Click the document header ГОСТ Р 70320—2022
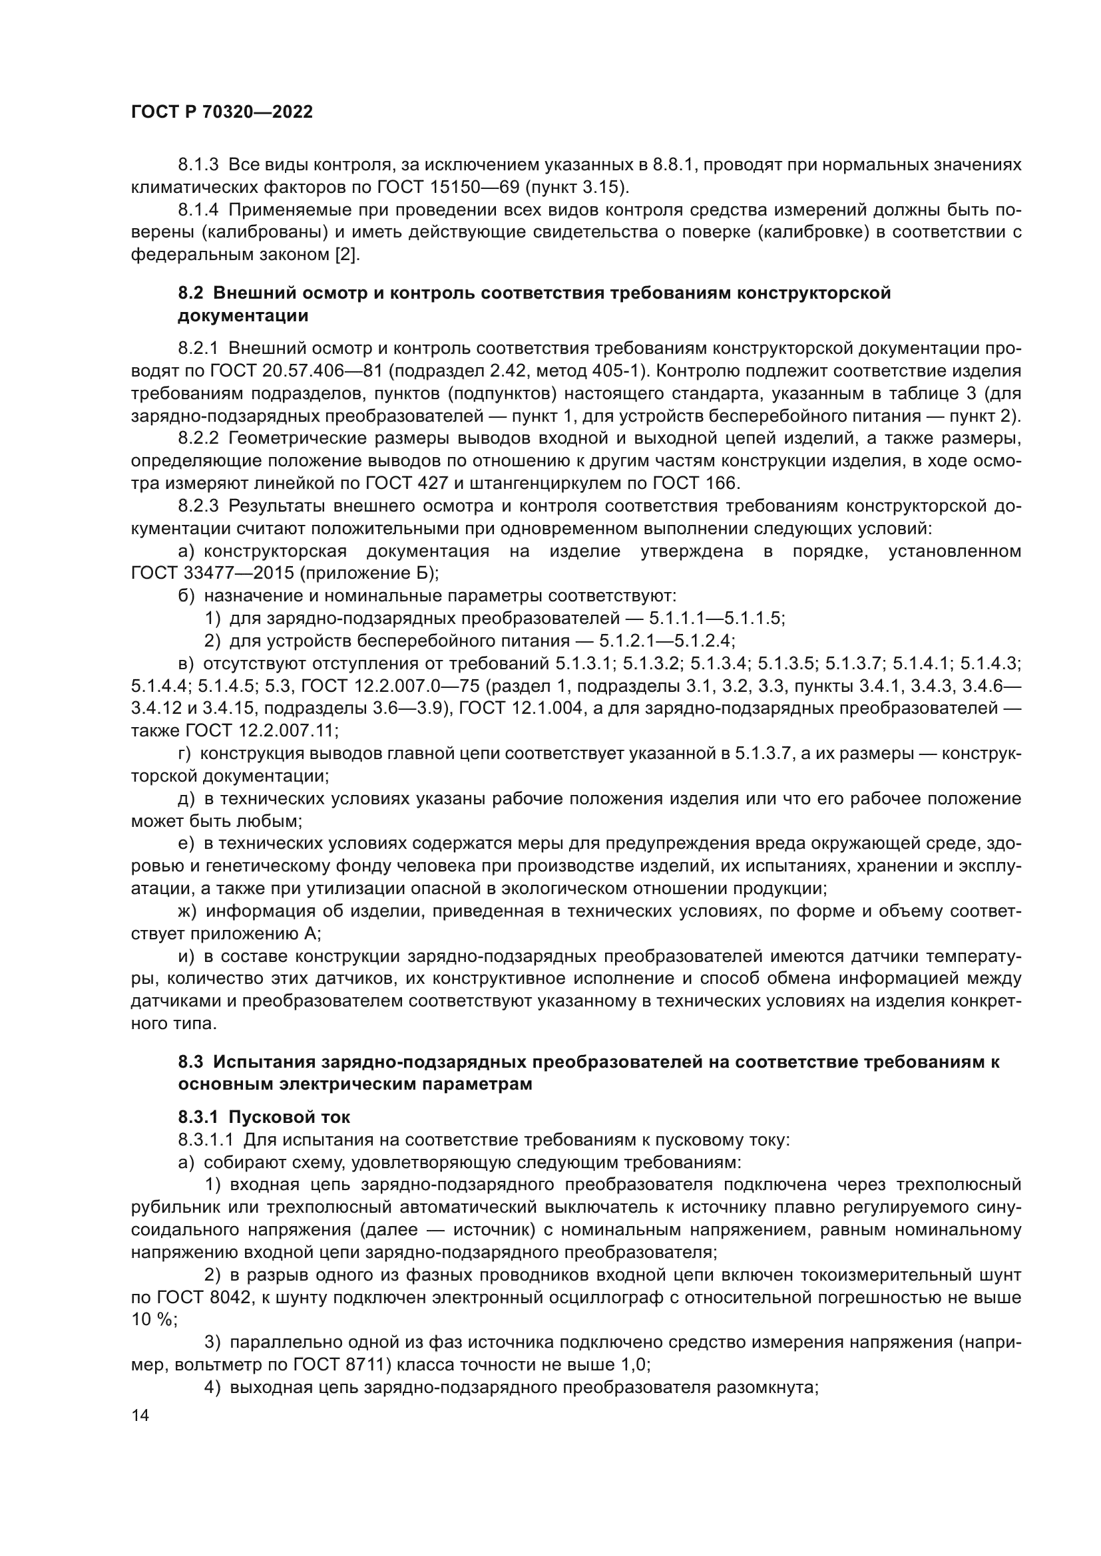click(222, 112)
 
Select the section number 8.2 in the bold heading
click(190, 293)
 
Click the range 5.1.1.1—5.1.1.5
click(717, 618)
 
